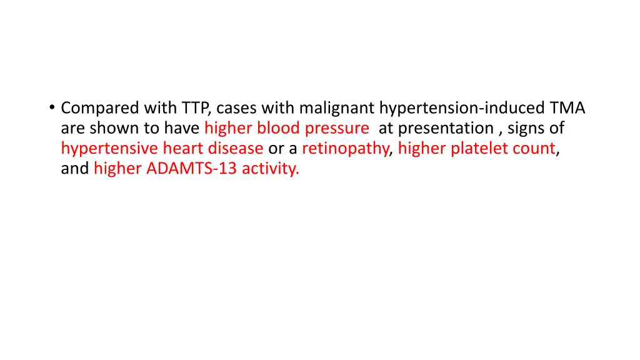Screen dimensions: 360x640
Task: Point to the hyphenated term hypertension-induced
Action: click(462, 109)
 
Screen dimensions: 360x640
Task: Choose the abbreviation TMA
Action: click(567, 109)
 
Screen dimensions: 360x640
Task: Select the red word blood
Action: click(279, 129)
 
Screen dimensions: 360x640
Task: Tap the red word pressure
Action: click(337, 129)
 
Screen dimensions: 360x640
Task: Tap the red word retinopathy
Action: click(346, 149)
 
